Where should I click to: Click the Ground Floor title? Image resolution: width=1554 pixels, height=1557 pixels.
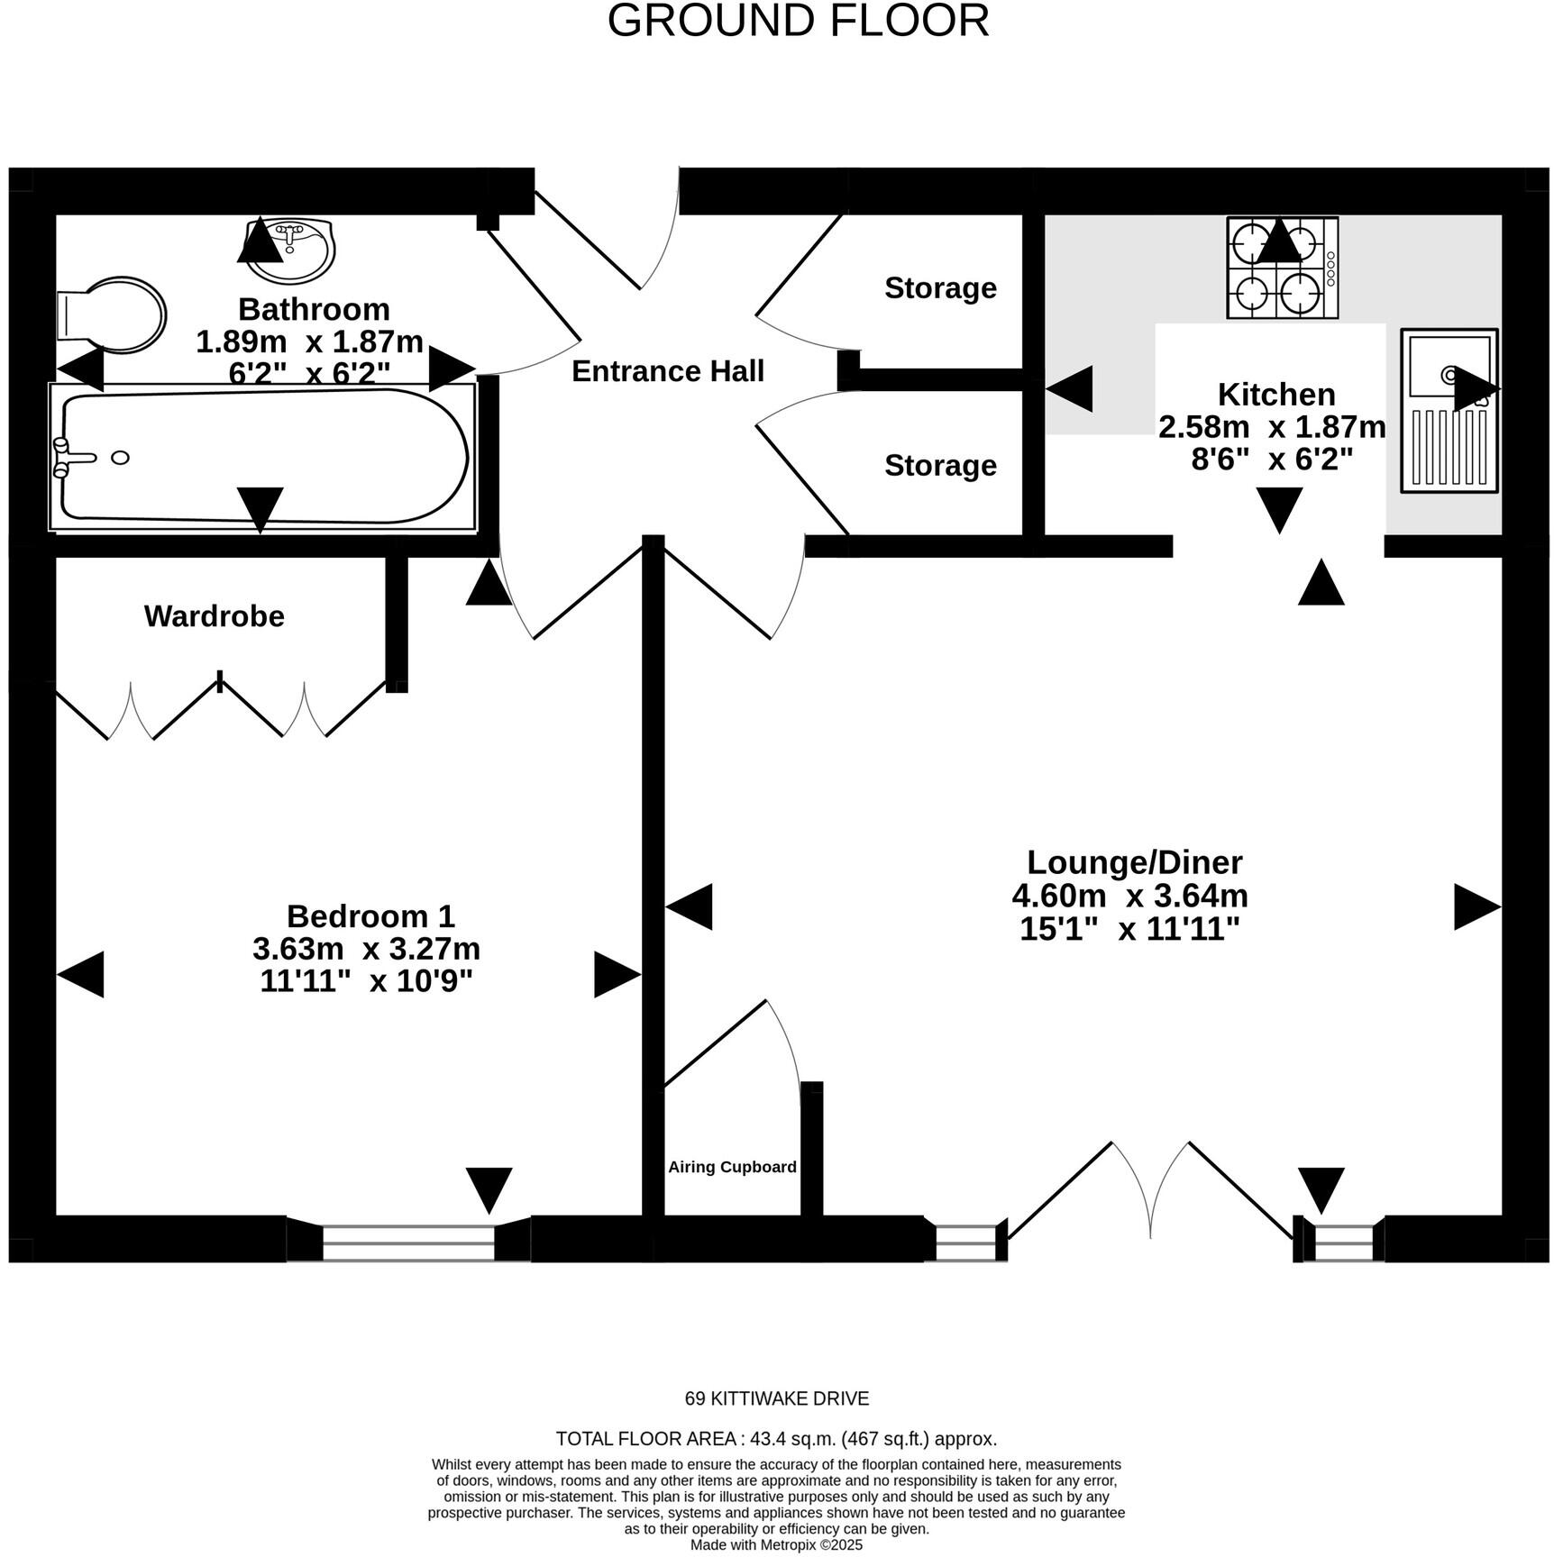[798, 21]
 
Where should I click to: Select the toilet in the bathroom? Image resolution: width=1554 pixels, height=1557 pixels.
[112, 314]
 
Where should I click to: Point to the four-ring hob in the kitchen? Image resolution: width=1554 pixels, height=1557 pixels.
[1282, 268]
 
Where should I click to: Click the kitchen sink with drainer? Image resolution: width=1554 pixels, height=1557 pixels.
[1449, 410]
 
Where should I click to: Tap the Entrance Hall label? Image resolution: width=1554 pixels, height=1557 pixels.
[668, 371]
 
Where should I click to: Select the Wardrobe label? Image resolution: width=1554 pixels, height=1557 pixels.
[215, 616]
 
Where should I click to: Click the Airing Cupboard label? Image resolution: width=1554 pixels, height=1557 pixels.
[732, 1167]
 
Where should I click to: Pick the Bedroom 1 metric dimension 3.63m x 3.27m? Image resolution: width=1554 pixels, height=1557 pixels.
[366, 949]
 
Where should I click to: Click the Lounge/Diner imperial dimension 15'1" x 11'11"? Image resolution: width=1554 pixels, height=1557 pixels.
[1129, 928]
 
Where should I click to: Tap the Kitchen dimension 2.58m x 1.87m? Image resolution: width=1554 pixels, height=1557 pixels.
[1272, 427]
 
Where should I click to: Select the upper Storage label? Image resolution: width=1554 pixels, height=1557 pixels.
[940, 288]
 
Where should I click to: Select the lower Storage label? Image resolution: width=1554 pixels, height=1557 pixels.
[940, 466]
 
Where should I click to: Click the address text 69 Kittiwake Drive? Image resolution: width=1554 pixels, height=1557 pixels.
[777, 1398]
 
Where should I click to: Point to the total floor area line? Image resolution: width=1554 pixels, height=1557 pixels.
[776, 1439]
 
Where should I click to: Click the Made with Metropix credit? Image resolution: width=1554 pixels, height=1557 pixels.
[776, 1545]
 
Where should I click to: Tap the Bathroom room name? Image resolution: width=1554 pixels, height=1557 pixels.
[314, 309]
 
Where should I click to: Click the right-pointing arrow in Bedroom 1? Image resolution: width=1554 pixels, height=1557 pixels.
[617, 975]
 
